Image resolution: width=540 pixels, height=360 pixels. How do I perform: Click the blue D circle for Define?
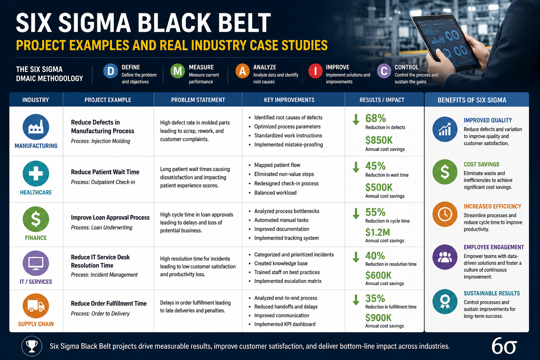(x=110, y=71)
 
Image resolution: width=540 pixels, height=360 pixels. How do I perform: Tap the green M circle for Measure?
(x=178, y=71)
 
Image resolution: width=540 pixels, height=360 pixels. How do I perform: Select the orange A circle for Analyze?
(x=243, y=71)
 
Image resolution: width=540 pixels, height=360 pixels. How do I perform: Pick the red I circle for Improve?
(x=315, y=71)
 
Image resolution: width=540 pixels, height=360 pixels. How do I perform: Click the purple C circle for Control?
(x=384, y=71)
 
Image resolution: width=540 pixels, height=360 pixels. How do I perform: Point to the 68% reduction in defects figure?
(x=375, y=118)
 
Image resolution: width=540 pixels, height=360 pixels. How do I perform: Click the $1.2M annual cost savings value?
(x=378, y=232)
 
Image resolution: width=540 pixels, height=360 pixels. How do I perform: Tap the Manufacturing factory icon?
(x=36, y=127)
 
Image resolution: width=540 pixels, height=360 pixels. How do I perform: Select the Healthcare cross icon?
(x=36, y=173)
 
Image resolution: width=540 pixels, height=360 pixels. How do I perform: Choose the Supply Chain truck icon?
(x=36, y=306)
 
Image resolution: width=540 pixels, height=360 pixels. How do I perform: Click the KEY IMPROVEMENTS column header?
(x=289, y=100)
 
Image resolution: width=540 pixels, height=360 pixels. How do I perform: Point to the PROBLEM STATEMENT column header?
(x=198, y=100)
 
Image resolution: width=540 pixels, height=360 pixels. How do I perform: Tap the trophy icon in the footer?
(x=32, y=346)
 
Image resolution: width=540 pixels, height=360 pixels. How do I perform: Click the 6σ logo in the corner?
(x=504, y=346)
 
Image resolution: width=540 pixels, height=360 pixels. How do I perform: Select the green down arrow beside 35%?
(x=356, y=300)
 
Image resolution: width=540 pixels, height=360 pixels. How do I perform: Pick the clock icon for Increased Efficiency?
(x=445, y=214)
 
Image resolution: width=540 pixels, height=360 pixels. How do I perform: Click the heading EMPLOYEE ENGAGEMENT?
(x=494, y=247)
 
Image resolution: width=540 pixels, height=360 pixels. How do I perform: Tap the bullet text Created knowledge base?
(x=281, y=263)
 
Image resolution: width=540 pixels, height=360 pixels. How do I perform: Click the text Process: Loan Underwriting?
(x=102, y=227)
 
